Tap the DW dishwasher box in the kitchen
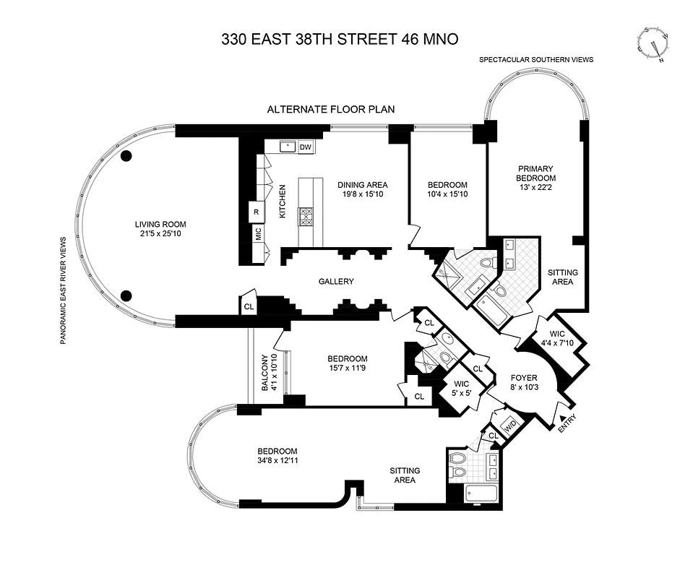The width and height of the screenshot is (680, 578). [306, 147]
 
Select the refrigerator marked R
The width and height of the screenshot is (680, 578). [257, 212]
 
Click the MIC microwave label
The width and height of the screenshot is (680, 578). [257, 234]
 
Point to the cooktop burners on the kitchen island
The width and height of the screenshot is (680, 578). [306, 217]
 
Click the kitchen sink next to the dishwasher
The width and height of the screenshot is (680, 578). [288, 147]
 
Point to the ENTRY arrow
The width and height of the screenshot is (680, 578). [563, 420]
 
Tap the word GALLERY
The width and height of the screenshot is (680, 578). [336, 281]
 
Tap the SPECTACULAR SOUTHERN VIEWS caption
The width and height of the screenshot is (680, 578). [535, 59]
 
